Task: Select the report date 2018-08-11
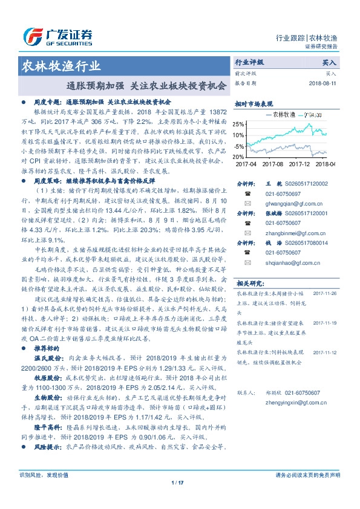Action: click(322, 83)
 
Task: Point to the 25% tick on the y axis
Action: click(239, 124)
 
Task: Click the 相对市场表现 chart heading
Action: click(254, 103)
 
